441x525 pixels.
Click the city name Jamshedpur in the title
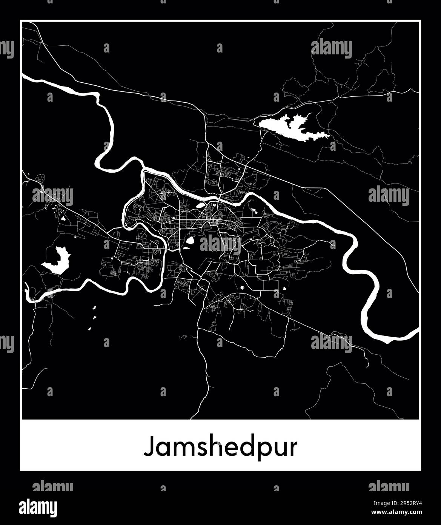pos(220,447)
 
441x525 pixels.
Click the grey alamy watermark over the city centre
pos(220,244)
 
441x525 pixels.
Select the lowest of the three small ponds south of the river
pos(90,329)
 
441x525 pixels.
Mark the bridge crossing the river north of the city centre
pos(220,197)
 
